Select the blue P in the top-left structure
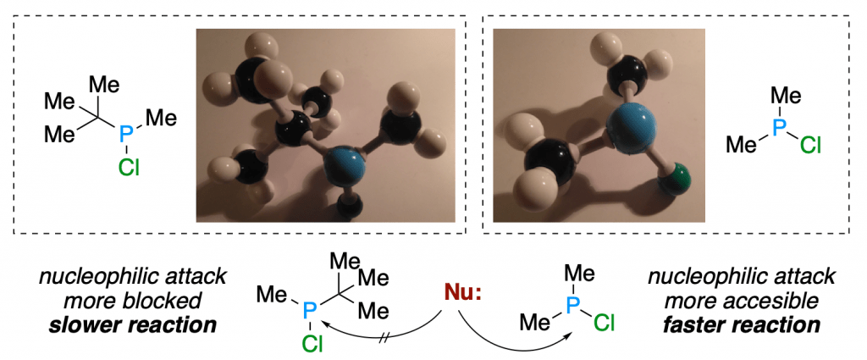click(127, 134)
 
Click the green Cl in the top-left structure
click(130, 166)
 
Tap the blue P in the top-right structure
click(779, 128)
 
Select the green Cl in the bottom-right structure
click(603, 322)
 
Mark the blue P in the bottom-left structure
click(309, 313)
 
